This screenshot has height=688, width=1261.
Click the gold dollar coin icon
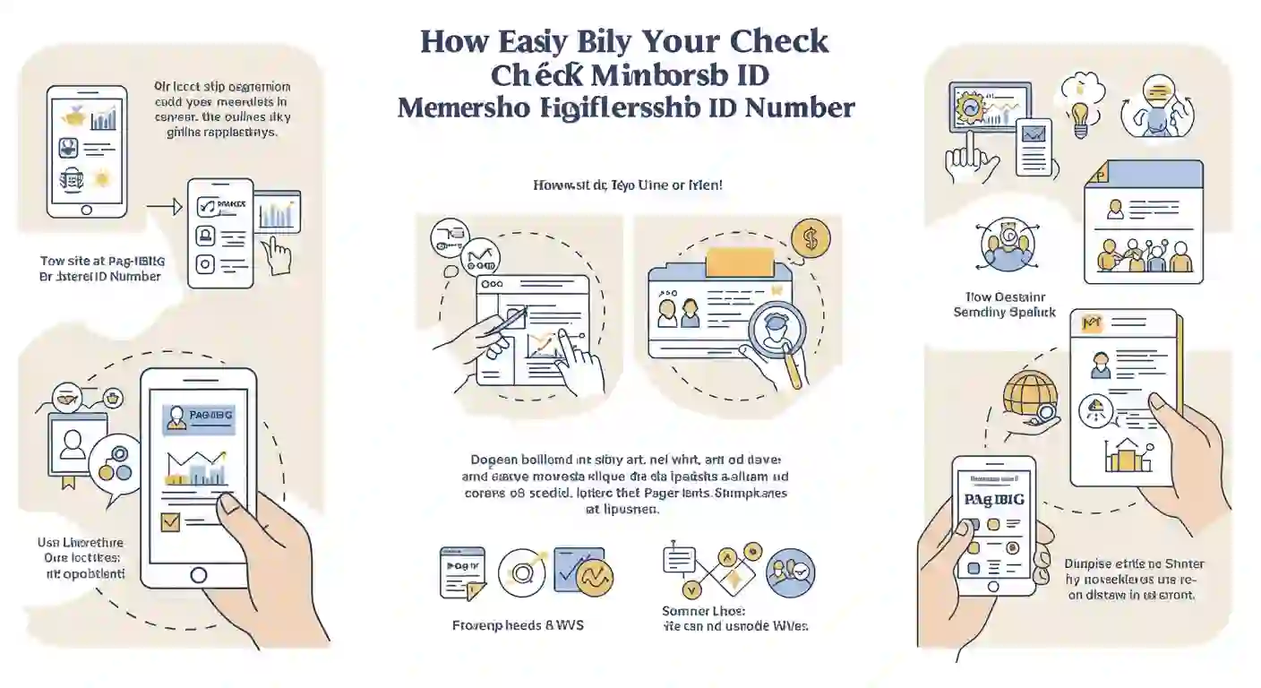(x=811, y=238)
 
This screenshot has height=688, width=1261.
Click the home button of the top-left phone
(x=86, y=209)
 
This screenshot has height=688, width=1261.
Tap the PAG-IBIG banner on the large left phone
(x=199, y=417)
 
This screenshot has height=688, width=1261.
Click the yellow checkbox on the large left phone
(x=169, y=521)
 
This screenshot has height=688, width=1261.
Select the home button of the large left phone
(x=199, y=575)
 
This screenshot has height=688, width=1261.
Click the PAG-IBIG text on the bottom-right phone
(x=993, y=499)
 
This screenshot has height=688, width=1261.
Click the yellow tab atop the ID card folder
(x=740, y=262)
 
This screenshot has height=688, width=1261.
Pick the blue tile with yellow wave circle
(x=584, y=571)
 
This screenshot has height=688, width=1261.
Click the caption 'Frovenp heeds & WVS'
(x=518, y=624)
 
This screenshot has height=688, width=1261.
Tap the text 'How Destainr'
(x=1005, y=297)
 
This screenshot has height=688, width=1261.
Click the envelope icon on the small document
(x=1035, y=135)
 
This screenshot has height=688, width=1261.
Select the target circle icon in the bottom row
(x=520, y=571)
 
